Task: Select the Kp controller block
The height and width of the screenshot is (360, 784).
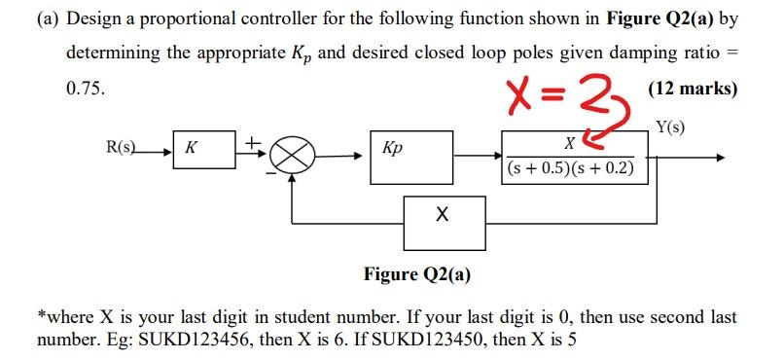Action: tap(410, 153)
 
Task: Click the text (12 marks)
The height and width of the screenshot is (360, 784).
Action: tap(692, 89)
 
